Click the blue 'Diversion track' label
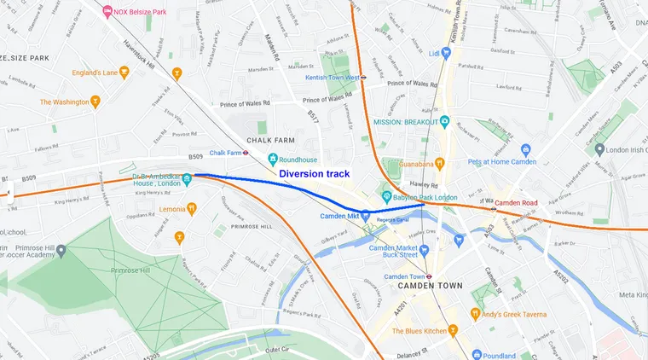click(x=315, y=173)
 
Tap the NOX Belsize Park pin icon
click(x=107, y=11)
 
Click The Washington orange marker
click(x=96, y=102)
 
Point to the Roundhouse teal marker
click(x=273, y=158)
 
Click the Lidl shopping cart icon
click(x=444, y=53)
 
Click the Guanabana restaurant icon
click(x=440, y=163)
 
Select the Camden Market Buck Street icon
click(x=460, y=241)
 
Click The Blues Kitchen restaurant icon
click(x=453, y=330)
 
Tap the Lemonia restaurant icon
click(x=192, y=208)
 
